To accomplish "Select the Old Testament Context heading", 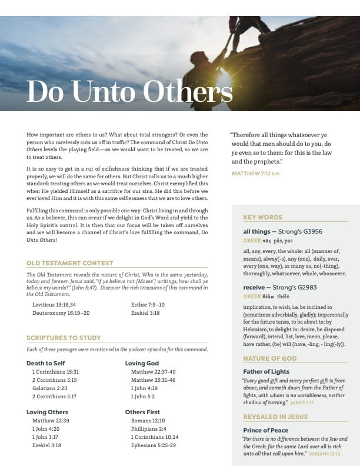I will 70,263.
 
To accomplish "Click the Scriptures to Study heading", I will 64,338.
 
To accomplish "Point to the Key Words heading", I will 262,217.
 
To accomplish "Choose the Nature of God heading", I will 270,358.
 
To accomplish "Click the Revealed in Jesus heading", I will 274,417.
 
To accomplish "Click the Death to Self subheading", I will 46,363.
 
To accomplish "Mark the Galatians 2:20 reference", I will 52,388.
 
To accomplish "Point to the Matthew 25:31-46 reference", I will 153,380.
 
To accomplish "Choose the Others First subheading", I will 142,412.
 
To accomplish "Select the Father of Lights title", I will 266,371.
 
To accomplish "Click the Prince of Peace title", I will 266,430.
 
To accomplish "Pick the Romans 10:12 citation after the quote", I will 325,454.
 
